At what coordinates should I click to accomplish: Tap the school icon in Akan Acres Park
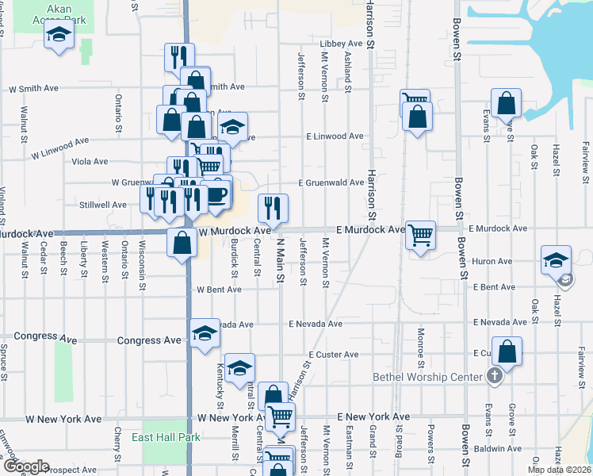pos(59,35)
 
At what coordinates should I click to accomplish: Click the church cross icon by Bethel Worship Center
pos(495,375)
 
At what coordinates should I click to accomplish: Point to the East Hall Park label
pos(155,437)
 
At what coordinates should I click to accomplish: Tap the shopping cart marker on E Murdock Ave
pos(420,235)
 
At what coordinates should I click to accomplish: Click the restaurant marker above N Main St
pos(272,209)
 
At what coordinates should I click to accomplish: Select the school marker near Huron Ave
pos(556,260)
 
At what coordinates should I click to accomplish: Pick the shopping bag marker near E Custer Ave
pos(508,351)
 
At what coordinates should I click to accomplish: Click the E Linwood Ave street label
pos(335,136)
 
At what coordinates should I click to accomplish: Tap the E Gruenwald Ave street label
pos(331,182)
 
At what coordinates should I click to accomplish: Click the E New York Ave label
pos(373,416)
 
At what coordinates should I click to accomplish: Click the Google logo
pos(25,466)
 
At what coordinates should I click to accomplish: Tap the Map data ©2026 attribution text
pos(560,470)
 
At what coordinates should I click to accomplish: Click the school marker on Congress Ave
pos(205,333)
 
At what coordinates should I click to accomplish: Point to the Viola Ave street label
pos(90,162)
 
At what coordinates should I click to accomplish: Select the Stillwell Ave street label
pos(102,205)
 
